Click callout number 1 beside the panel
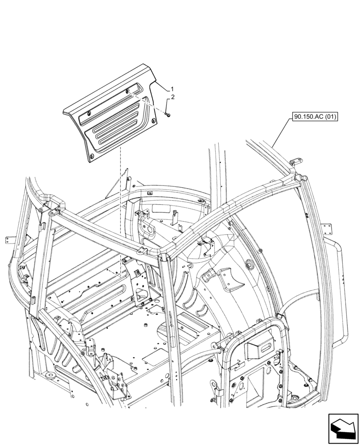[x=172, y=89]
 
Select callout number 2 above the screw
[x=173, y=97]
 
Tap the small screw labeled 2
[x=166, y=115]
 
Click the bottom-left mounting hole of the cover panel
[x=91, y=155]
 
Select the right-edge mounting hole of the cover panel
[x=154, y=120]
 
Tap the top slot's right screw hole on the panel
[x=127, y=91]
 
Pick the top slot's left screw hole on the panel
[x=88, y=114]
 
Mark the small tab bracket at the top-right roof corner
[x=295, y=161]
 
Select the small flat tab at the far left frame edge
[x=7, y=241]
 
